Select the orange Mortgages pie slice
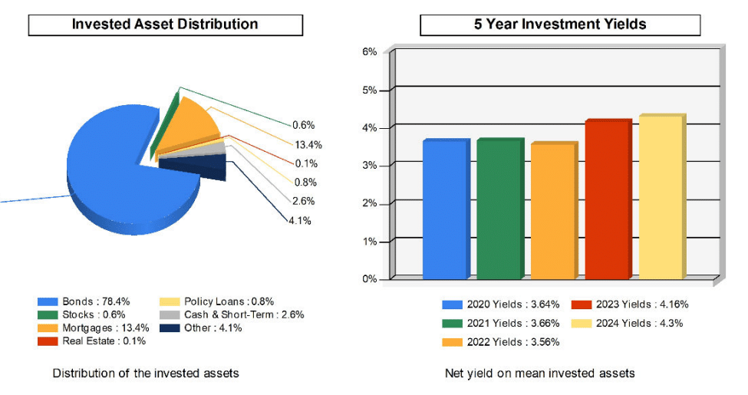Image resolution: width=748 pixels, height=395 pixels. coord(184,127)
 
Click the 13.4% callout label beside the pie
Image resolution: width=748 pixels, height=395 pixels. coord(308,144)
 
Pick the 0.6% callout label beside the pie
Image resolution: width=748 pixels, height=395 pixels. coord(304,125)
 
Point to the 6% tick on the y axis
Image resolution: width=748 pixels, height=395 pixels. coord(369,52)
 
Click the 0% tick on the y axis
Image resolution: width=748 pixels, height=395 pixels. coord(369,279)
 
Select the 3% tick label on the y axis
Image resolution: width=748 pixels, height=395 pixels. coord(369,166)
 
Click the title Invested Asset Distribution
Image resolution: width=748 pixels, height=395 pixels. coord(165,25)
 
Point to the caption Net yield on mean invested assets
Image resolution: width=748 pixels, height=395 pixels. coord(539,374)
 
